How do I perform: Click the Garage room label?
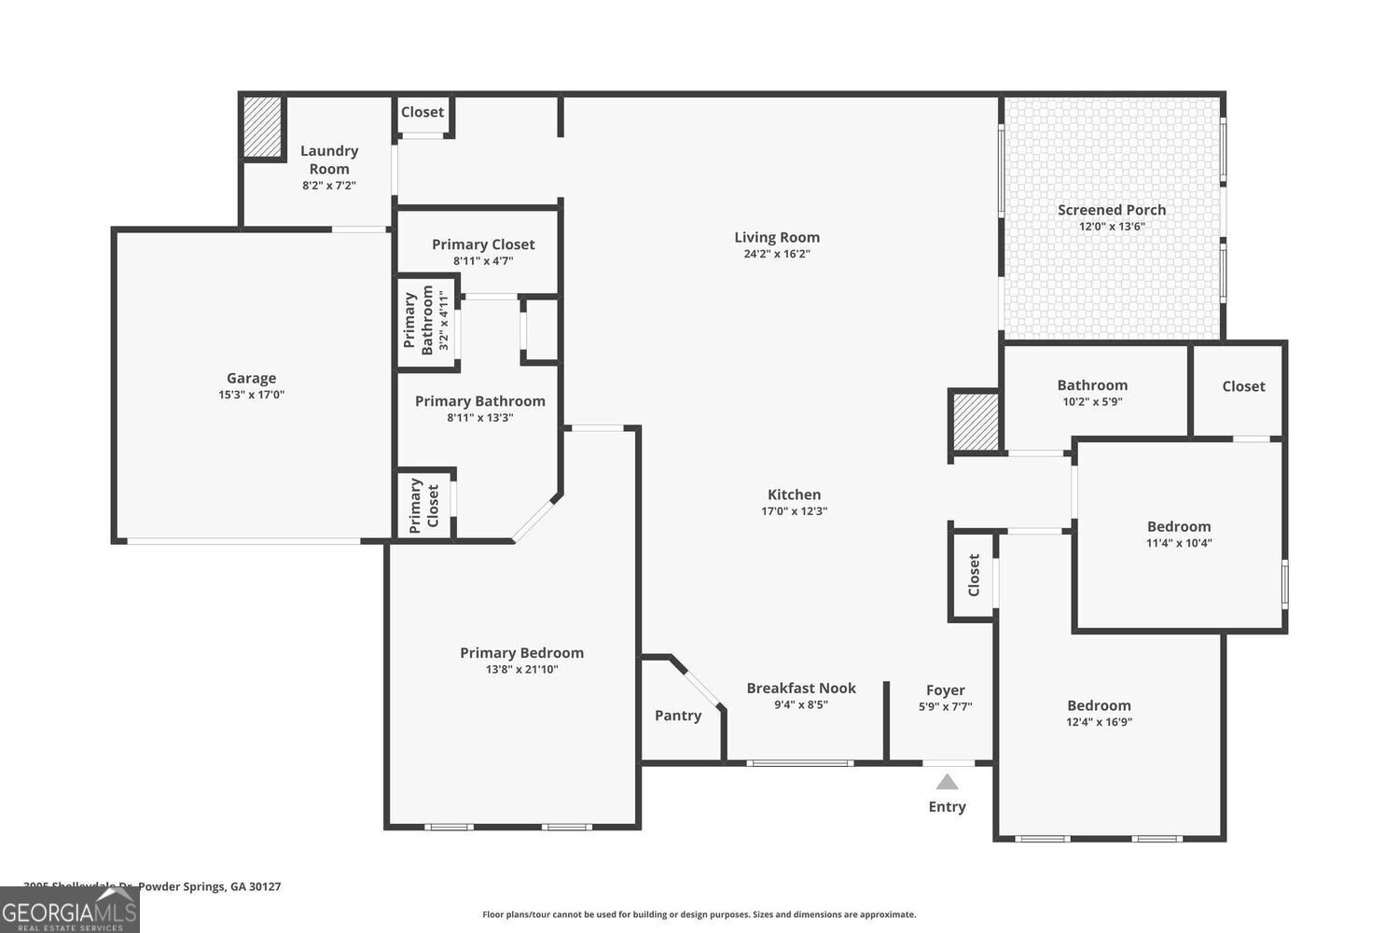pos(251,378)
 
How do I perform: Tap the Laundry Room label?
pos(329,160)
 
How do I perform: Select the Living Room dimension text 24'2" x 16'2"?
pos(777,254)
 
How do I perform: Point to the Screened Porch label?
pos(1111,210)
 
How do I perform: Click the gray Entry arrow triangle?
pos(947,782)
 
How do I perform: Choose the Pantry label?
pos(678,716)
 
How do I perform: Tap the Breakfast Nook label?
pos(801,689)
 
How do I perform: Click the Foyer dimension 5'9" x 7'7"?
pos(945,706)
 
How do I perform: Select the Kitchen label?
pos(794,494)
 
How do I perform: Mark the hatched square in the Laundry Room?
pos(262,127)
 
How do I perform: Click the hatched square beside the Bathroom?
pos(976,423)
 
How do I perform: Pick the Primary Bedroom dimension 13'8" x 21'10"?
pos(521,669)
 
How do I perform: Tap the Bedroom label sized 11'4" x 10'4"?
pos(1179,527)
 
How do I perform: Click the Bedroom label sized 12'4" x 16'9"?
pos(1099,706)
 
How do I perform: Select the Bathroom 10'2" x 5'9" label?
pos(1092,385)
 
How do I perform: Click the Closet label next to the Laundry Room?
pos(422,112)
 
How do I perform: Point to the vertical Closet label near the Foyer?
pos(974,575)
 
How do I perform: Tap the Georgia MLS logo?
pos(70,910)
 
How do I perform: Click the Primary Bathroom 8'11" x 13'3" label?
pos(479,401)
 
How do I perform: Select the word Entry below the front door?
pos(947,807)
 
